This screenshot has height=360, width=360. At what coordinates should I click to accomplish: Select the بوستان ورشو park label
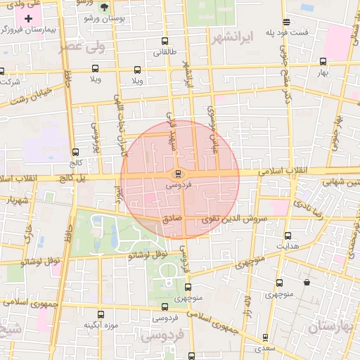104,19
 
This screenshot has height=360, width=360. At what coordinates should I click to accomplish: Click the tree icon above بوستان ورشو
105,8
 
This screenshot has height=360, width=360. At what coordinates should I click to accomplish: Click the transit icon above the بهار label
323,62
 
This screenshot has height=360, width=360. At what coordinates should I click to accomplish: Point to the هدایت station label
288,247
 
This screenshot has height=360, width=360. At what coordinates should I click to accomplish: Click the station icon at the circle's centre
178,174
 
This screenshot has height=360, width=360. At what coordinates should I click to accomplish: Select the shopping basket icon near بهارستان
307,282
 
